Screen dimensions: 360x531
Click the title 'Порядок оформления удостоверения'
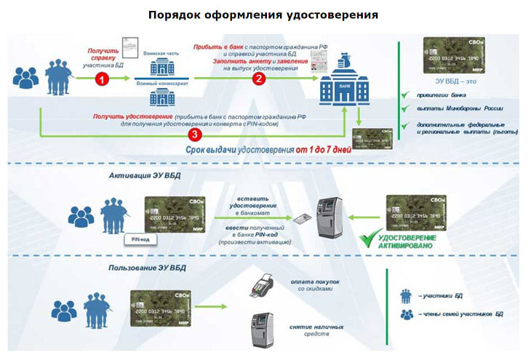tap(263, 15)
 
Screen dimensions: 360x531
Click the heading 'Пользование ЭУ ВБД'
tap(148, 268)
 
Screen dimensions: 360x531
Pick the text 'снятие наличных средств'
tap(314, 331)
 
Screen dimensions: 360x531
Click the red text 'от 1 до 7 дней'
tap(323, 150)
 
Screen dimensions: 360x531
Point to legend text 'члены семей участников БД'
tap(461, 314)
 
